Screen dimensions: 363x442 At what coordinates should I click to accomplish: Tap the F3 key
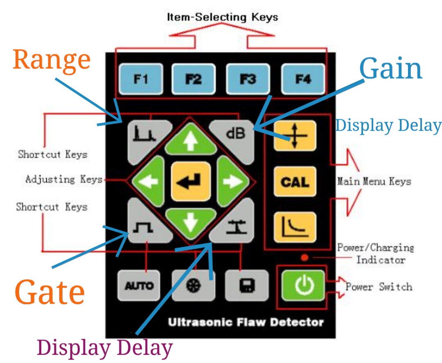[248, 79]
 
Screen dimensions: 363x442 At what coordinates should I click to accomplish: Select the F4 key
[303, 79]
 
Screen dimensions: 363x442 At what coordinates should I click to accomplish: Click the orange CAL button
[295, 181]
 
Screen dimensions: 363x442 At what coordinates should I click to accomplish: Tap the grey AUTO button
[139, 286]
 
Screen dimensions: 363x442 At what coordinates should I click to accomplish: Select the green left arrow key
[150, 181]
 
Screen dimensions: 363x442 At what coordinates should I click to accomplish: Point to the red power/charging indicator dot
[304, 258]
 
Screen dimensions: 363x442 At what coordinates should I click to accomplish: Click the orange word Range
[52, 60]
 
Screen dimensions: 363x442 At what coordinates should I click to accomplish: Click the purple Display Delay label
[105, 348]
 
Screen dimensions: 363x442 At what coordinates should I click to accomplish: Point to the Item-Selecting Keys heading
[222, 17]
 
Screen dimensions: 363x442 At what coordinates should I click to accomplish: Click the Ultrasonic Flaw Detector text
[246, 322]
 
